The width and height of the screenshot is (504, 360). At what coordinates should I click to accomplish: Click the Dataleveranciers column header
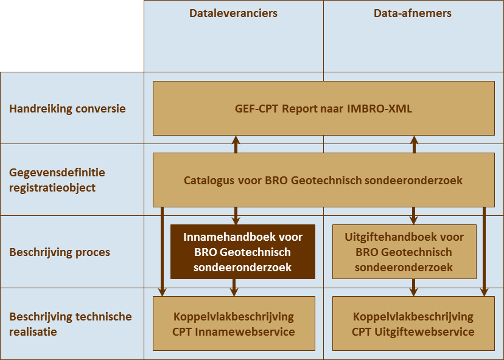pos(233,13)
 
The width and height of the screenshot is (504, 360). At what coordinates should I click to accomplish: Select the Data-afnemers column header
pos(413,13)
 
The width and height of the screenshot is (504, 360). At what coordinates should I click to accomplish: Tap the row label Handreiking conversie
pos(68,109)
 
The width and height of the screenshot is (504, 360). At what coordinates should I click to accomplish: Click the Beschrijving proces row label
pos(60,252)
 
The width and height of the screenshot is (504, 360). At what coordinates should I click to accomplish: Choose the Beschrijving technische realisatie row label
pos(70,324)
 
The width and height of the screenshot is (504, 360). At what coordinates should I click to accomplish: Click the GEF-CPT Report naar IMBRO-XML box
pos(323,109)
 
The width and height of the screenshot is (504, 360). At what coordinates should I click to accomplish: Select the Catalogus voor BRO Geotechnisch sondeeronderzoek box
pos(323,181)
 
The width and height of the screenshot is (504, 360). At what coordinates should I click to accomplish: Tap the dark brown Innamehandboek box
pos(242,252)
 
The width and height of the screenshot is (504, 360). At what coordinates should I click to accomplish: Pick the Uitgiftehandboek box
pos(404,252)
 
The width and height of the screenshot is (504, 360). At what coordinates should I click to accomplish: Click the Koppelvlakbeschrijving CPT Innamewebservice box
pos(234,324)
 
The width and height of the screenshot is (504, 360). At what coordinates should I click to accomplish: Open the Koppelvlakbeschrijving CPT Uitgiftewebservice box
pos(413,324)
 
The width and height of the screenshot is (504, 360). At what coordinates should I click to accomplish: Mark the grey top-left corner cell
pos(72,35)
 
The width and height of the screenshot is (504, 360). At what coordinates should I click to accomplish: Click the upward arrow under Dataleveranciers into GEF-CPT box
pos(236,144)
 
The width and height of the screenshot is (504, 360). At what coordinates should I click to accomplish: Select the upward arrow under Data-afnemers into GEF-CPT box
pos(414,144)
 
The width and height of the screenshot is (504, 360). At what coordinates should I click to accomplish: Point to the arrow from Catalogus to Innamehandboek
pos(236,216)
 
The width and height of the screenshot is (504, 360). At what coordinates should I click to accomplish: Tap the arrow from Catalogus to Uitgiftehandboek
pos(414,216)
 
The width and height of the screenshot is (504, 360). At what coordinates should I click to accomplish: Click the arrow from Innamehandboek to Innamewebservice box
pos(236,287)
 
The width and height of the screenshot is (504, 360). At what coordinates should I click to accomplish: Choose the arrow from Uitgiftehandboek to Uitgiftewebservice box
pos(414,287)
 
